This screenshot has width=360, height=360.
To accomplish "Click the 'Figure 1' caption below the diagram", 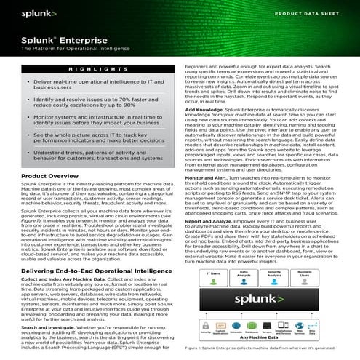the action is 266,354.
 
